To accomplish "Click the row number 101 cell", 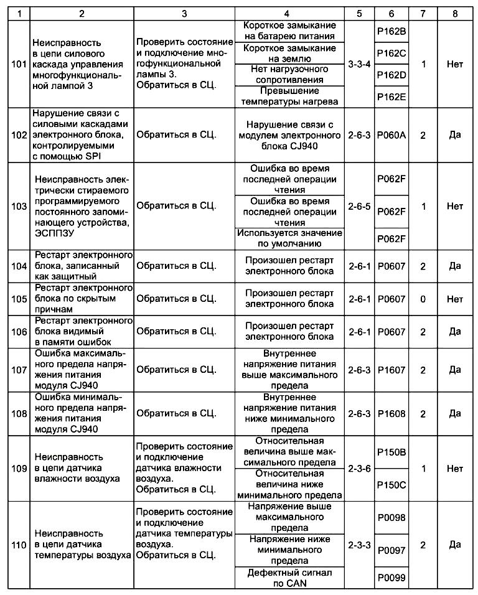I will (x=19, y=63).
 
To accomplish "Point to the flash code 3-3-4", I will (x=360, y=63).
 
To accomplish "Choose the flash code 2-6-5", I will (x=360, y=206).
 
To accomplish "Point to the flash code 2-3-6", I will (x=360, y=468).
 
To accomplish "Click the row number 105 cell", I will (x=19, y=299).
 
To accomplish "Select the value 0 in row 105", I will (x=423, y=299).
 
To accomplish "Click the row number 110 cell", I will (x=19, y=545).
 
